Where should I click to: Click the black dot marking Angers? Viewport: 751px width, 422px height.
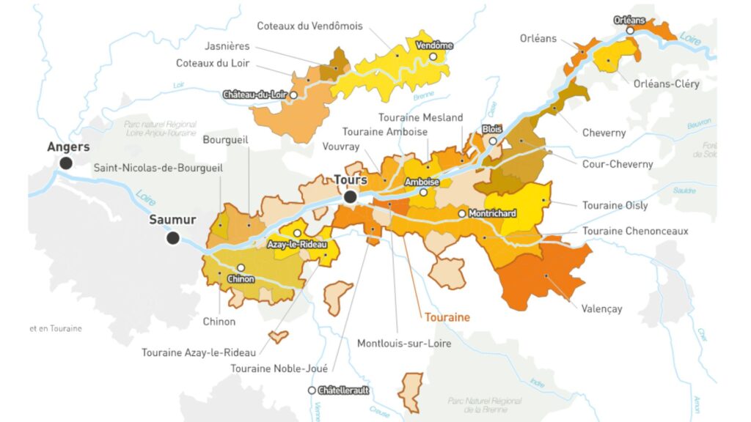(66, 163)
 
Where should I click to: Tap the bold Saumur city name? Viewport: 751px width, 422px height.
(172, 220)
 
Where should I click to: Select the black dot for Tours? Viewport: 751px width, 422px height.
(351, 196)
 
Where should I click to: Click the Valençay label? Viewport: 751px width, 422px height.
(601, 308)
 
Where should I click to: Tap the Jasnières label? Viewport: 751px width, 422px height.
(227, 46)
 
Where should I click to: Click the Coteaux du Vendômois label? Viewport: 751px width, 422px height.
(309, 26)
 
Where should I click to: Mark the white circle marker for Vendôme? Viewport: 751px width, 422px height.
(433, 56)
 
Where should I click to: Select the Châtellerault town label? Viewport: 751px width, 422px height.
(342, 390)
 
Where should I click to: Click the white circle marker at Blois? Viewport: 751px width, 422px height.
(494, 141)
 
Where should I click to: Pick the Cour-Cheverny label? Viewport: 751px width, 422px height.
(617, 164)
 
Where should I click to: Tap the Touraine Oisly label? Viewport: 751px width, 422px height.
(615, 206)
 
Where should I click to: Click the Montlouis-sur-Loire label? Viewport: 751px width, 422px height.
(404, 343)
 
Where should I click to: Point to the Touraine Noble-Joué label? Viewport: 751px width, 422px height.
(279, 369)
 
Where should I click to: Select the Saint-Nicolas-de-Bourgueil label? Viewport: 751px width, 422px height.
(158, 168)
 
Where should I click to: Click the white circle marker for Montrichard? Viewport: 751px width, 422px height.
(462, 214)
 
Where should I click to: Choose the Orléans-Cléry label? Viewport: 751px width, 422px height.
(666, 84)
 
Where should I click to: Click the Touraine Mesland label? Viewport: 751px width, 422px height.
(420, 117)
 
